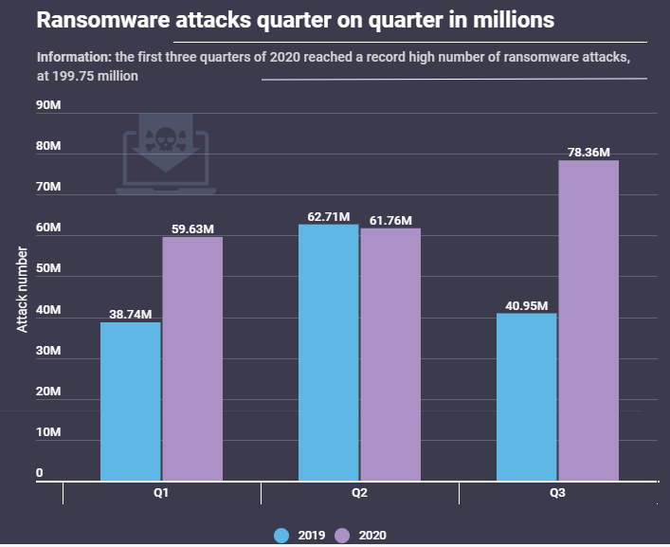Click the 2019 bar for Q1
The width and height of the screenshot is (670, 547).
131,402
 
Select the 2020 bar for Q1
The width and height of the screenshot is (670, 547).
192,359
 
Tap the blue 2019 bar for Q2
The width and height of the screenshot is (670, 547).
329,353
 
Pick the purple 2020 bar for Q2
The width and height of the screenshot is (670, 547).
390,355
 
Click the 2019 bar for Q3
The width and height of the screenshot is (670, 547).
527,397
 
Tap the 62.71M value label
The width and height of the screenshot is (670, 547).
327,216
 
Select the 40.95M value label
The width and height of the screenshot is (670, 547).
524,305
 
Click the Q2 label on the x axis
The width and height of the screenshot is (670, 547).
359,494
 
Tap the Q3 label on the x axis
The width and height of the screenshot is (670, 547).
557,494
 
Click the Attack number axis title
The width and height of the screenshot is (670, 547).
23,289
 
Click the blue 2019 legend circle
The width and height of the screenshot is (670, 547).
281,535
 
